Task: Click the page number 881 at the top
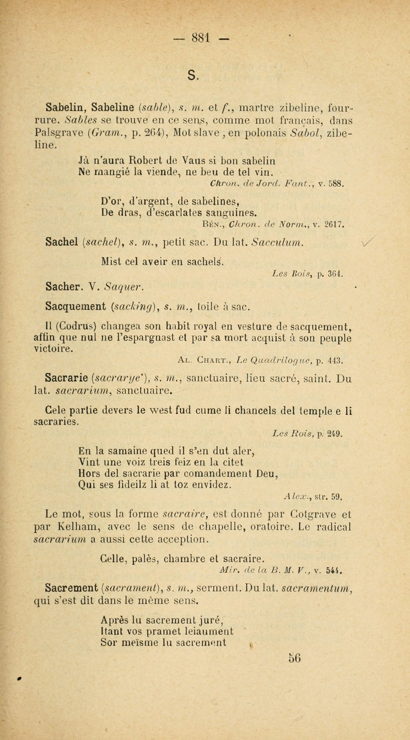pyautogui.click(x=202, y=38)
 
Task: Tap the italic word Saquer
pyautogui.click(x=123, y=286)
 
